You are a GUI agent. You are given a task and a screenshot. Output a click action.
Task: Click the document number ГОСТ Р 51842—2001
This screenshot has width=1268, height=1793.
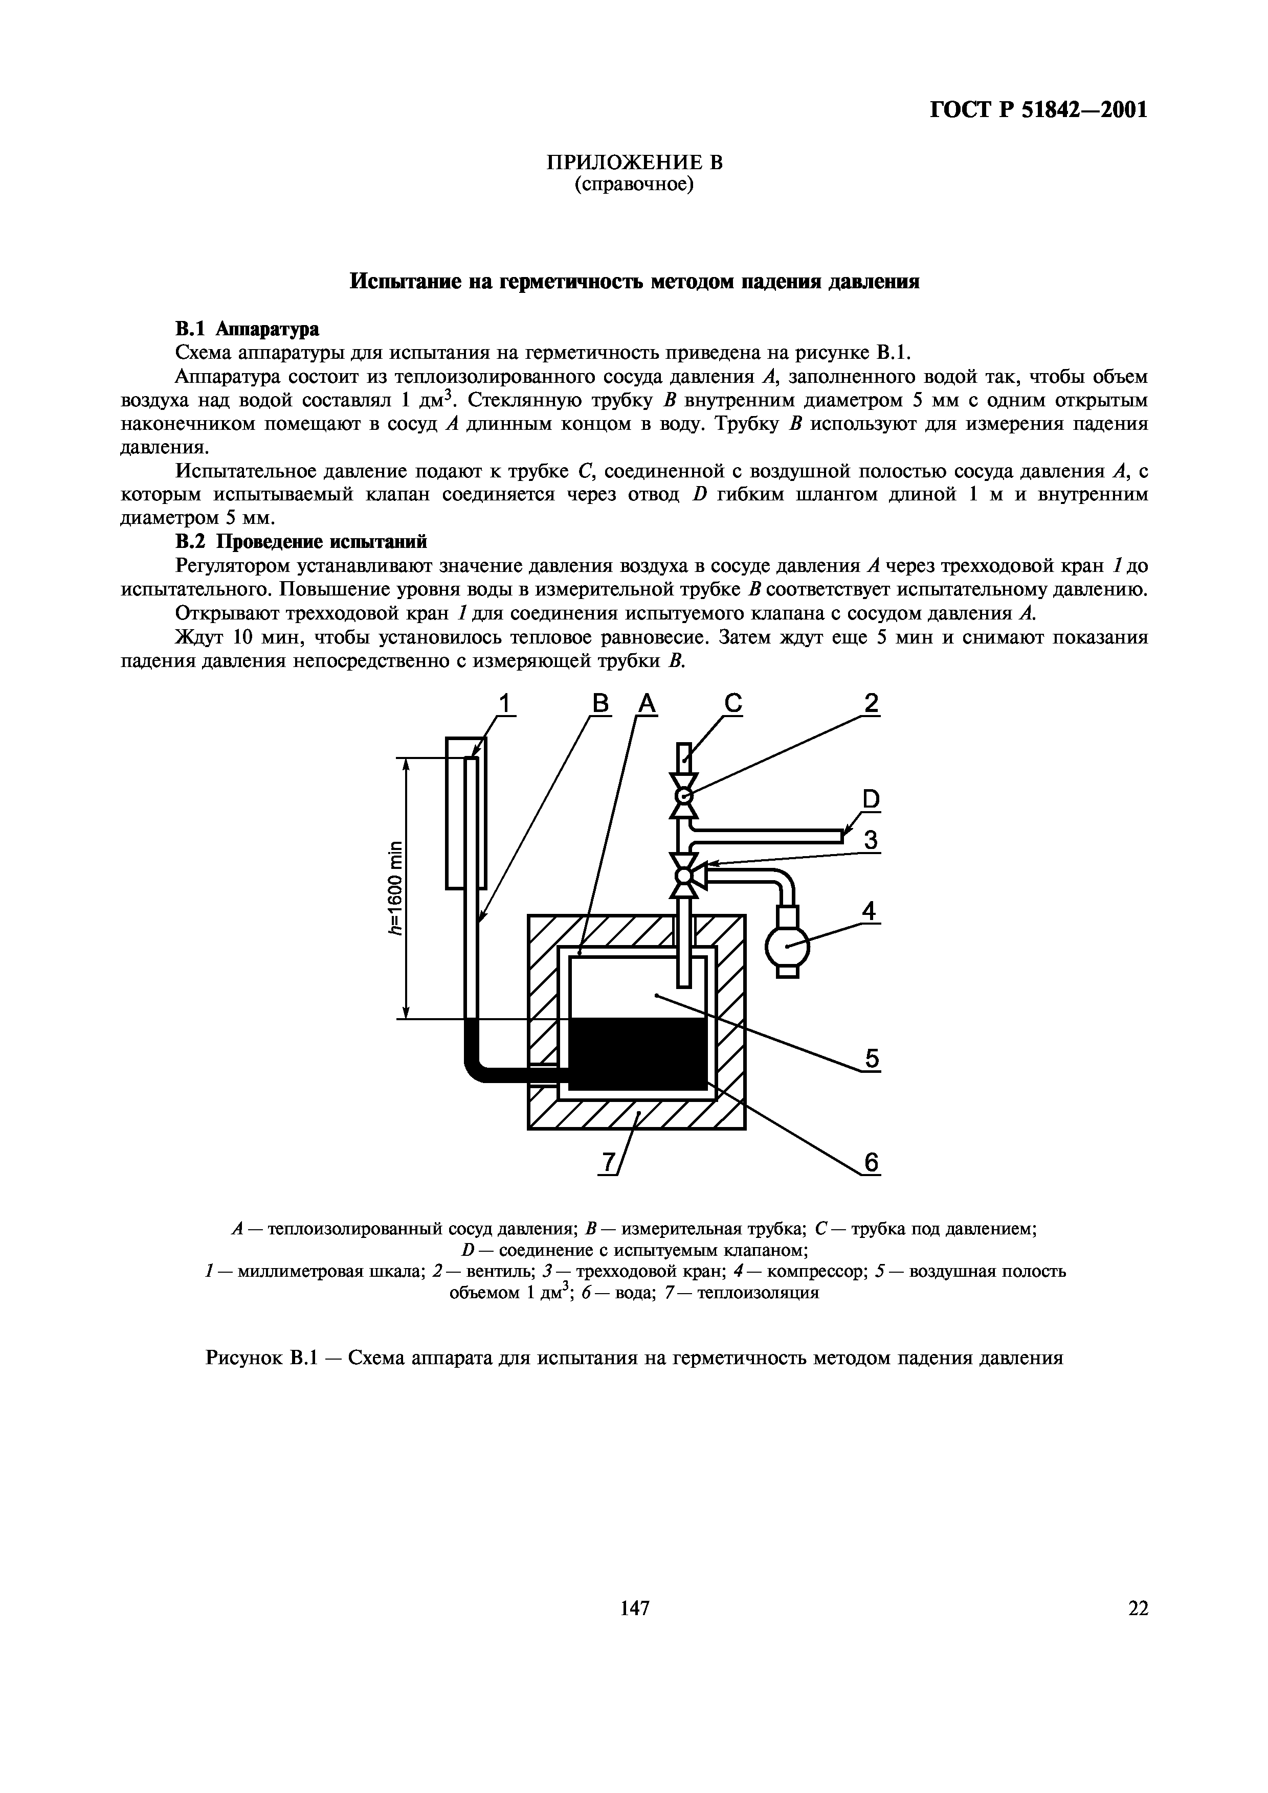pyautogui.click(x=1038, y=110)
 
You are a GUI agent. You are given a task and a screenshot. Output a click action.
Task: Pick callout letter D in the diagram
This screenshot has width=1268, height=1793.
pyautogui.click(x=871, y=799)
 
